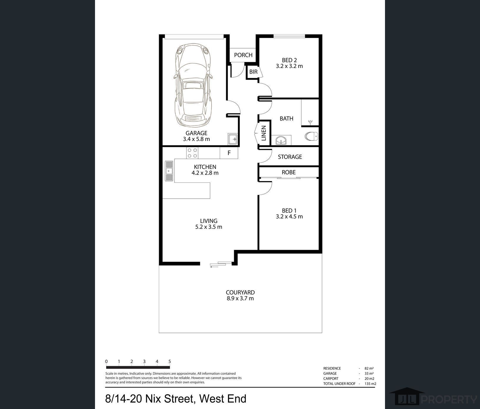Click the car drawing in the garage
click(193, 85)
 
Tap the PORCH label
click(243, 55)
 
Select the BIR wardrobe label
click(253, 72)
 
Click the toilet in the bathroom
click(311, 136)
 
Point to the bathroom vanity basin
click(281, 140)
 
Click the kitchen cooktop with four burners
click(192, 153)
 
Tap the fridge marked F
click(229, 153)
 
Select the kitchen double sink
click(169, 171)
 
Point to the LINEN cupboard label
click(264, 133)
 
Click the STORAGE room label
click(290, 157)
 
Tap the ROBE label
click(289, 172)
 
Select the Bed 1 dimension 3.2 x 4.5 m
click(289, 217)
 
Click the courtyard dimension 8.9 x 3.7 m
click(240, 299)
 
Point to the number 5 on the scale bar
click(170, 361)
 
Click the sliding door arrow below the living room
click(214, 266)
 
